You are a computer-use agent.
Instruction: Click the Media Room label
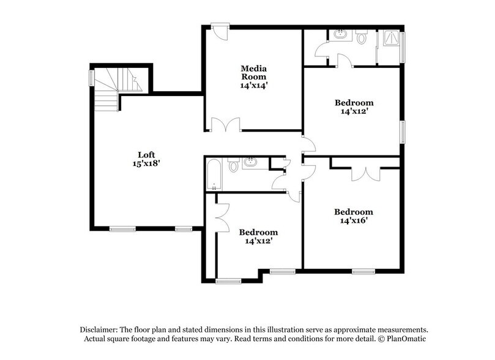click(x=253, y=73)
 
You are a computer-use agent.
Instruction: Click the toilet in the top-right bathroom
click(x=362, y=38)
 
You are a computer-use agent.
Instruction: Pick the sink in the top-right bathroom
click(x=340, y=34)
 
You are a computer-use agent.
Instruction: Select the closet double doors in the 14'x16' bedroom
click(x=365, y=173)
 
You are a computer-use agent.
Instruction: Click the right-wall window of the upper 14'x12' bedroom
click(x=403, y=132)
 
